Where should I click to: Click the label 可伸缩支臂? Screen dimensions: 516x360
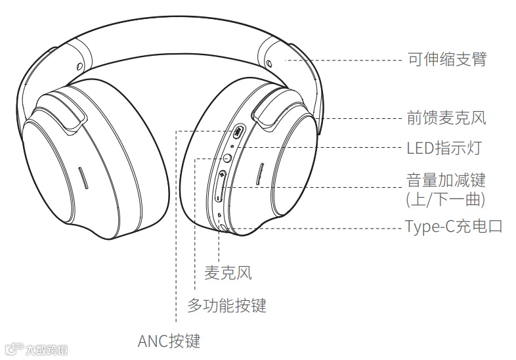[446, 60]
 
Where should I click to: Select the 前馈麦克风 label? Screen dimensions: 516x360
[446, 118]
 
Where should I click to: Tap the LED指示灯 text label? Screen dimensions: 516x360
[444, 148]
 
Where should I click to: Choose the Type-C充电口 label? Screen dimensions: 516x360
[454, 227]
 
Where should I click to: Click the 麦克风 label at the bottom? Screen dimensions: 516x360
[228, 273]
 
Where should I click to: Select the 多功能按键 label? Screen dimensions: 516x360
[226, 305]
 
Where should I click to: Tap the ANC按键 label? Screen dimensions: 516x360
[169, 341]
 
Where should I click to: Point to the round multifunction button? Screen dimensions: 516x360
[227, 157]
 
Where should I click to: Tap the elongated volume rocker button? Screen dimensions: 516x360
[221, 187]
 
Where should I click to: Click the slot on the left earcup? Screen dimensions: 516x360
[82, 177]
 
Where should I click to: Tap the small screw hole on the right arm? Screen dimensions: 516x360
[270, 63]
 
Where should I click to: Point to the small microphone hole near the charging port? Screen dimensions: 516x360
[219, 215]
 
